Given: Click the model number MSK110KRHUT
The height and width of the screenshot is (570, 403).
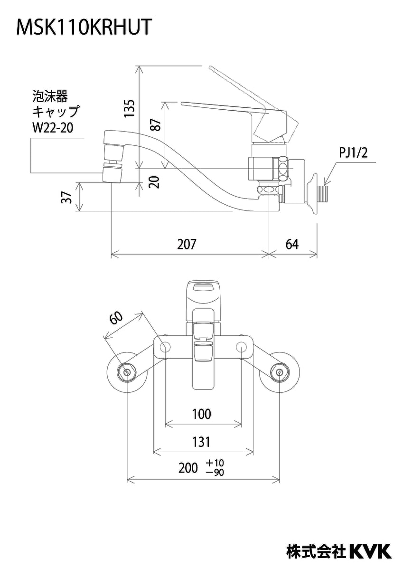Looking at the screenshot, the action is click(x=84, y=27).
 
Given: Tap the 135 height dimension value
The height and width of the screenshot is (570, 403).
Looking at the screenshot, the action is click(x=129, y=108).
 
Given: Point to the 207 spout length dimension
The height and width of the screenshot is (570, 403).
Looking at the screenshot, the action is click(x=187, y=244).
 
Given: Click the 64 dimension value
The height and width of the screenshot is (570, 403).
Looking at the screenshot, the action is click(x=292, y=244).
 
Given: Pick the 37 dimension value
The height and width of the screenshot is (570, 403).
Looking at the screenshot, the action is click(x=66, y=198).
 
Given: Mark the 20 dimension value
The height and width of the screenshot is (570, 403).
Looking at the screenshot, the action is click(x=154, y=182).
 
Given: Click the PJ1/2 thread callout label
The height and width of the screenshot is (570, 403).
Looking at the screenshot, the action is click(x=354, y=153).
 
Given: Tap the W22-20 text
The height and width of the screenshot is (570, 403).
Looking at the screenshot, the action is click(x=53, y=128).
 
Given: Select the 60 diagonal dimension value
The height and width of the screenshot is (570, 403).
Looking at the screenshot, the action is click(x=116, y=318).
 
